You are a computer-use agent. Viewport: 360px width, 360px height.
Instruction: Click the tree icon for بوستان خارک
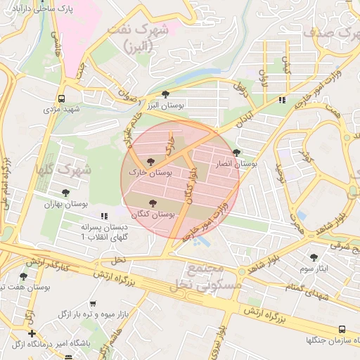tap(150, 162)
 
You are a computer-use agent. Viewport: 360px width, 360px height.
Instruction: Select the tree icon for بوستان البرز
tap(166, 94)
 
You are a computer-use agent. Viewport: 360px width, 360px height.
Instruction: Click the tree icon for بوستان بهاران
tap(65, 192)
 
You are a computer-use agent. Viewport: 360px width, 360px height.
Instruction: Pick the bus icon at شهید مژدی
tap(62, 98)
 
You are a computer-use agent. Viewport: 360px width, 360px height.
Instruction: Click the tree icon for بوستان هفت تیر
tap(24, 276)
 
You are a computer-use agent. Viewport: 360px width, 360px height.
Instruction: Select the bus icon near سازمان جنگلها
tap(342, 329)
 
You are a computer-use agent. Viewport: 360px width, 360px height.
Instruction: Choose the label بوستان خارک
tap(150, 172)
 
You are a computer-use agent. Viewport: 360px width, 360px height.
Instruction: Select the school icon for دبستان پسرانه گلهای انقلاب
tap(105, 216)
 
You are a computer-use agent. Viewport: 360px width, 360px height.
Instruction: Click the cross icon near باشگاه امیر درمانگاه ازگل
tap(32, 333)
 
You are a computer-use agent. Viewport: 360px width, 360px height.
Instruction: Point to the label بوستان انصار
tap(236, 163)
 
